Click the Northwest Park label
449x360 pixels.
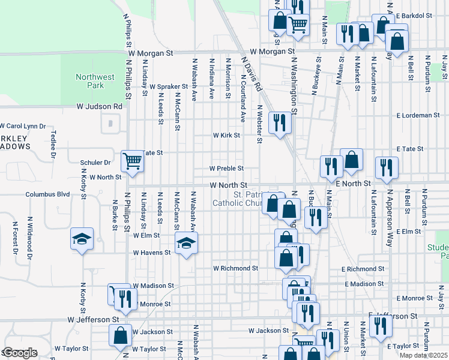[x=95, y=81]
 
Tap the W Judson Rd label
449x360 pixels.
[x=99, y=106]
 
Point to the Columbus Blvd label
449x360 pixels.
[x=47, y=194]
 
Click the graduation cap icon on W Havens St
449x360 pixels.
[x=186, y=243]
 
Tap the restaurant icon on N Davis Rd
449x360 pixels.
[x=280, y=122]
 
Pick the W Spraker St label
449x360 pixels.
[x=169, y=86]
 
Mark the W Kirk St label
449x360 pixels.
[x=226, y=136]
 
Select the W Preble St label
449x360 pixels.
[x=226, y=169]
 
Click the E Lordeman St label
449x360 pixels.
[x=418, y=115]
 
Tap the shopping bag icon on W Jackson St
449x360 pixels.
[x=120, y=336]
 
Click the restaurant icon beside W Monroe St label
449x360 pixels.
[x=125, y=298]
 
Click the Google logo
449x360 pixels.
[x=20, y=353]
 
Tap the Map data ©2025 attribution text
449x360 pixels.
[x=423, y=355]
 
